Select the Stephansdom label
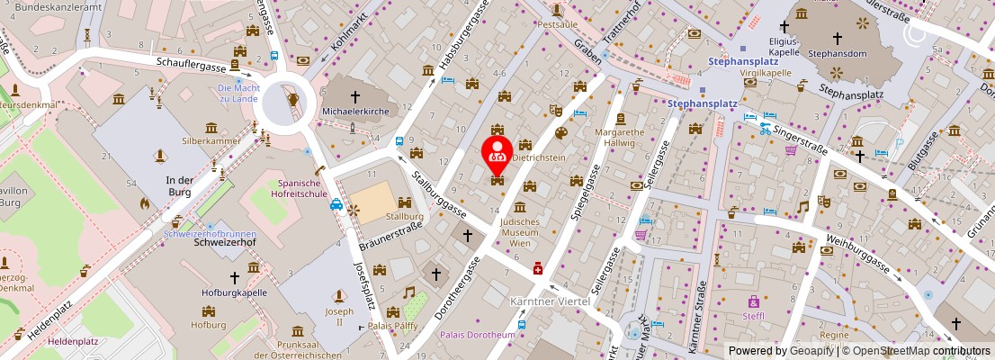tap(836, 53)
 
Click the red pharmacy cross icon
tap(538, 268)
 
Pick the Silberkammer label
tap(211, 141)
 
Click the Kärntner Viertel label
tap(550, 301)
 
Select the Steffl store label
tap(753, 316)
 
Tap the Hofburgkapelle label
tap(234, 292)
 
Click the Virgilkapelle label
tap(765, 73)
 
